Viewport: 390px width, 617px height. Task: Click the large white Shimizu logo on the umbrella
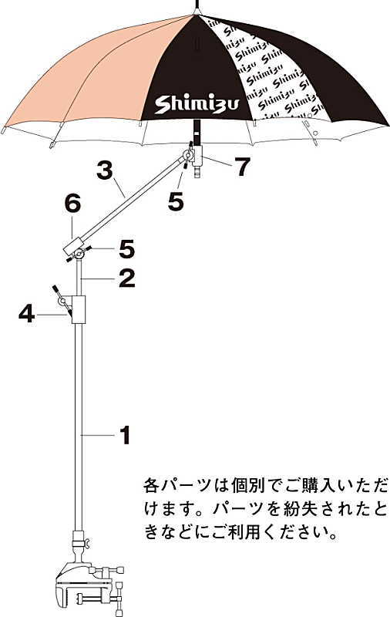[197, 104]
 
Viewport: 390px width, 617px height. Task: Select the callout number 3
[104, 170]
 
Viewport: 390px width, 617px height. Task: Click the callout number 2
[126, 278]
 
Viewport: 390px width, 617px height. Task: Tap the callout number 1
[124, 435]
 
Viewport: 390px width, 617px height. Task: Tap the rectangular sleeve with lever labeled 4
[79, 309]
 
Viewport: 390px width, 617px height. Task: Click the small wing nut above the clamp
[88, 544]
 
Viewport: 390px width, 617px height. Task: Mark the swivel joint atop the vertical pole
[79, 252]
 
